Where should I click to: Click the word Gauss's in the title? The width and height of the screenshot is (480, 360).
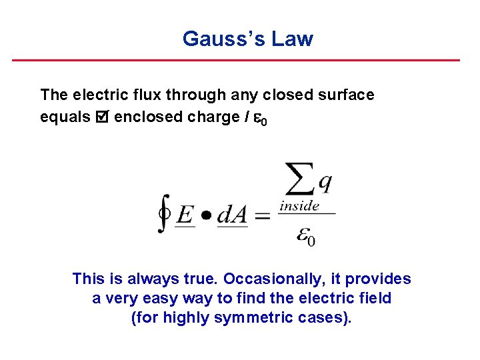(x=223, y=39)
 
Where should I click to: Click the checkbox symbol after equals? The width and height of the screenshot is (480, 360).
(x=101, y=117)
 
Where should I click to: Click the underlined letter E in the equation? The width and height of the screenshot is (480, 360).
(x=186, y=215)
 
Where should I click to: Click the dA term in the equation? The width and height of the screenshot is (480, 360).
(x=233, y=215)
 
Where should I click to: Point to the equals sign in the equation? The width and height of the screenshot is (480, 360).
(x=263, y=215)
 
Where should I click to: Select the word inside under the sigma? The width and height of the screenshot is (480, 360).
(x=299, y=206)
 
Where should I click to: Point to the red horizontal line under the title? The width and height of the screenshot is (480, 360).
(x=236, y=60)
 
